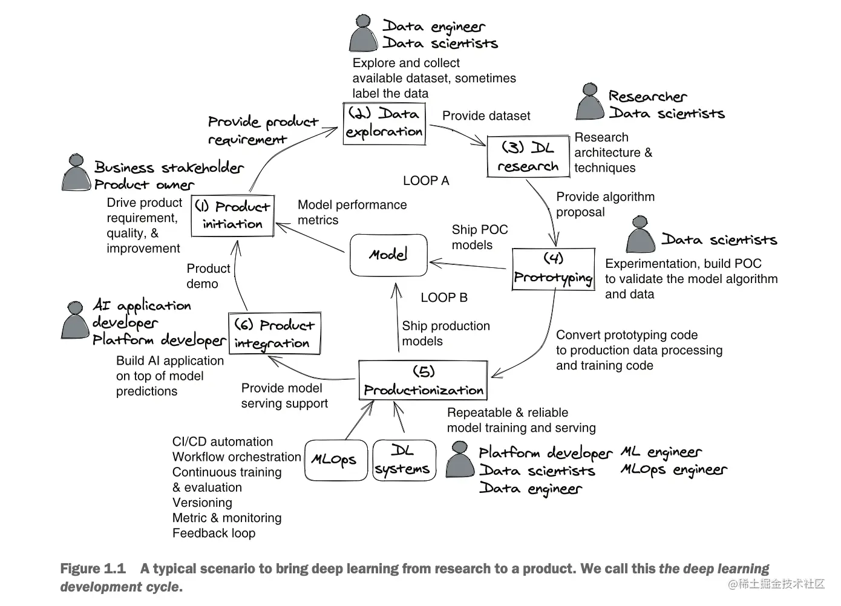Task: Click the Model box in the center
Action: (x=388, y=255)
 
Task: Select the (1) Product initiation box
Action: (x=233, y=215)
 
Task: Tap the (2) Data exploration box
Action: (x=384, y=123)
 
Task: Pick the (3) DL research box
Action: (x=528, y=157)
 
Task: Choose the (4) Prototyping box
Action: (x=553, y=269)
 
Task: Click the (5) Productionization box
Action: (x=423, y=380)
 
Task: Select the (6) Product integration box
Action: (x=274, y=333)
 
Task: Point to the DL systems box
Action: (x=404, y=460)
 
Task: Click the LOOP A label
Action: (x=426, y=181)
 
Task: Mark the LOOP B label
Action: (x=444, y=298)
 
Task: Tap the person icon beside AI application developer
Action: (x=75, y=320)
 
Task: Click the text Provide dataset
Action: (x=486, y=116)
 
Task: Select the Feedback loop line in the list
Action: (x=214, y=533)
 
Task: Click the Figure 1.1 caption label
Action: (x=93, y=569)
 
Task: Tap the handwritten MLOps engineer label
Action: (x=673, y=471)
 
